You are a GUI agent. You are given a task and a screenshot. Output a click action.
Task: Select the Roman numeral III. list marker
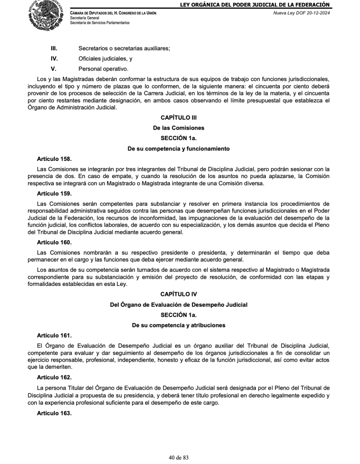pyautogui.click(x=53, y=48)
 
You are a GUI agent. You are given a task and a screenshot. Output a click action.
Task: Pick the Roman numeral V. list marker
pyautogui.click(x=53, y=69)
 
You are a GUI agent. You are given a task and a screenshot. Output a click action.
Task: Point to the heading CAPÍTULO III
pyautogui.click(x=178, y=117)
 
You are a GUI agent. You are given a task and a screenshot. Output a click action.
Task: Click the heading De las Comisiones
pyautogui.click(x=178, y=128)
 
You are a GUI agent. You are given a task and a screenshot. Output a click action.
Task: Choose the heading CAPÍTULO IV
pyautogui.click(x=178, y=294)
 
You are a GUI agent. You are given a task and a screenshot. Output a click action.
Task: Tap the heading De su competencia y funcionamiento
pyautogui.click(x=178, y=149)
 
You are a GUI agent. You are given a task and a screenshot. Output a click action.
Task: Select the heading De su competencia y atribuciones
pyautogui.click(x=178, y=325)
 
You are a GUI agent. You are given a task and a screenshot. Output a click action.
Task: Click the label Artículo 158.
pyautogui.click(x=54, y=159)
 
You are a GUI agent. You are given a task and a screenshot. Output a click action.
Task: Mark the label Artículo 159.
pyautogui.click(x=54, y=193)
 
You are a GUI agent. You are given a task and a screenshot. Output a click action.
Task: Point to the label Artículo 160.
pyautogui.click(x=54, y=242)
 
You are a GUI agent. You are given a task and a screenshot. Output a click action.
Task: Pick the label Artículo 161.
pyautogui.click(x=54, y=336)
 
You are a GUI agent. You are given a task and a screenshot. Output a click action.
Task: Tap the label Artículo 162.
pyautogui.click(x=54, y=377)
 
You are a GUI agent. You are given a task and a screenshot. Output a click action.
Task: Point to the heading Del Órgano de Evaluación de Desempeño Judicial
pyautogui.click(x=178, y=304)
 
